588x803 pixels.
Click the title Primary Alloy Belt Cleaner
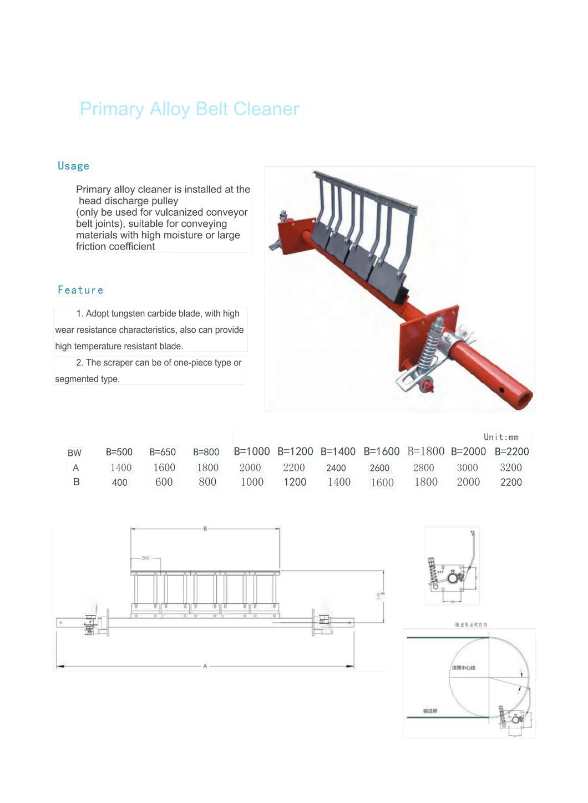(189, 109)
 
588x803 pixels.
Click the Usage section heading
(73, 166)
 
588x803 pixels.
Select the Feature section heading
(80, 290)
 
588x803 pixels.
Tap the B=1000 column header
(252, 451)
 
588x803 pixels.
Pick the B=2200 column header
(511, 451)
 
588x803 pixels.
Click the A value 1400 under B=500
(121, 467)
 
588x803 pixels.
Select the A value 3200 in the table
(511, 467)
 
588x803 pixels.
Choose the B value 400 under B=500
(120, 482)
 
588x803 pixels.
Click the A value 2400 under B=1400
(336, 468)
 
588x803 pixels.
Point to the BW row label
(74, 453)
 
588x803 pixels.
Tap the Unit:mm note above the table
(501, 437)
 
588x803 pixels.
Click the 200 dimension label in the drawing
(145, 558)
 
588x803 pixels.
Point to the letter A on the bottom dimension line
(205, 666)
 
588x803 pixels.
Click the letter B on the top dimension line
(205, 528)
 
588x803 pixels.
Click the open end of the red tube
(522, 399)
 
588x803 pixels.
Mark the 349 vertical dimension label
(378, 596)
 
